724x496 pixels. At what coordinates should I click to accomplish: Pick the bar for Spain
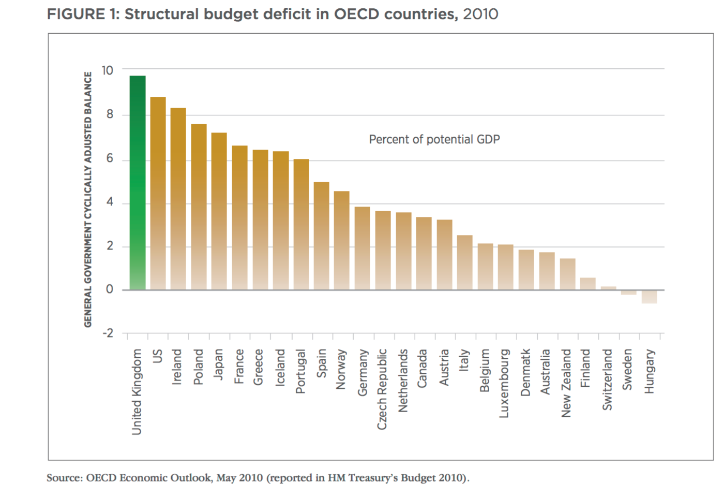click(x=322, y=236)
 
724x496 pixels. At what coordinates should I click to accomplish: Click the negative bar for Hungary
click(x=650, y=297)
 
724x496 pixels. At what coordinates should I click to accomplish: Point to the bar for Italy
click(x=465, y=262)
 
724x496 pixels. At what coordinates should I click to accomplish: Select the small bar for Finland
click(x=588, y=284)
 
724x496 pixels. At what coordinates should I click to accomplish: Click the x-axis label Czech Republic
click(x=382, y=389)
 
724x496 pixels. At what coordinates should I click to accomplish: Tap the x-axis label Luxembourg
click(x=505, y=383)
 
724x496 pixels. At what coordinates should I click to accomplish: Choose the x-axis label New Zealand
click(x=567, y=383)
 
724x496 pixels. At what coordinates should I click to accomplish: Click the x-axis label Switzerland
click(x=608, y=380)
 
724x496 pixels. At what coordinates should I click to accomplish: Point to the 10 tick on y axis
click(x=107, y=70)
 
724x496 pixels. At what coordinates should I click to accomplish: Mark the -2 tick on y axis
click(x=108, y=333)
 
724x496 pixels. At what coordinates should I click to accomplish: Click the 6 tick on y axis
click(x=110, y=158)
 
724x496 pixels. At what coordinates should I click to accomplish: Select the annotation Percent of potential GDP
click(x=434, y=139)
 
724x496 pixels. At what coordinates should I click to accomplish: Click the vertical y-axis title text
click(x=88, y=199)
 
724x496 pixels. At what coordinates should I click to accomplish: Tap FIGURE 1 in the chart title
click(x=83, y=14)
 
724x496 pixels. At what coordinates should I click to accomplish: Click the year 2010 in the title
click(x=480, y=14)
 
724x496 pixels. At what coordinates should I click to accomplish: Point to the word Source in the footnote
click(x=64, y=477)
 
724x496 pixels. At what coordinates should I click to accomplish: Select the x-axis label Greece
click(x=259, y=367)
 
